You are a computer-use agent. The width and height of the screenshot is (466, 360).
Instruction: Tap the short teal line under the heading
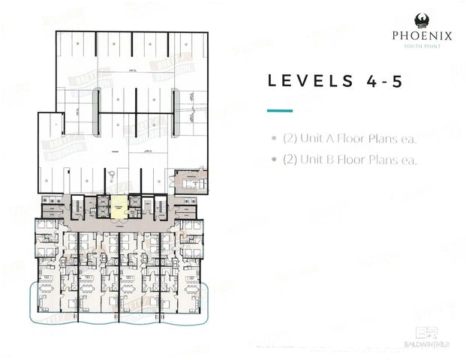click(x=279, y=110)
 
